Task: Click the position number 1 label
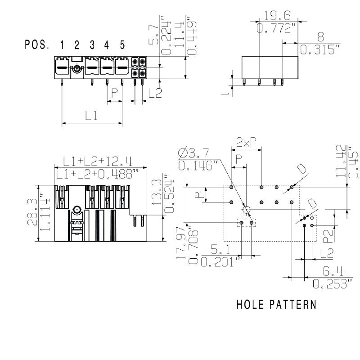(x=62, y=45)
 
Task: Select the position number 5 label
(x=122, y=45)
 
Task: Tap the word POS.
(x=37, y=45)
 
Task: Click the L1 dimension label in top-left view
(x=92, y=116)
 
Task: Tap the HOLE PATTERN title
(x=276, y=305)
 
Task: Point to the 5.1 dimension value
(x=217, y=248)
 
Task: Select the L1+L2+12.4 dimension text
(x=97, y=161)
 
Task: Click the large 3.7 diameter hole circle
(x=246, y=210)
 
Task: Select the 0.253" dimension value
(x=332, y=284)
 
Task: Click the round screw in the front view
(x=77, y=209)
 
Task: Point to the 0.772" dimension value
(x=277, y=29)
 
